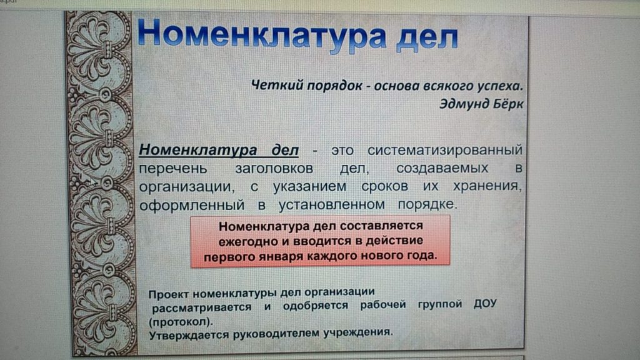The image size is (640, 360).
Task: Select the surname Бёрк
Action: coord(507,104)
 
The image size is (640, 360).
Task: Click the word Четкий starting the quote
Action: coord(277,85)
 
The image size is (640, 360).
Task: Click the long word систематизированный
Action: coord(445,150)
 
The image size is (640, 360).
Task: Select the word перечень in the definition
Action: coord(173,169)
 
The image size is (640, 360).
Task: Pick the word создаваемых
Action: coord(442,168)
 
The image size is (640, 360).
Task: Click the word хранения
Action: coord(487,186)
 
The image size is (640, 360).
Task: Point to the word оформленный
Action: coord(192,205)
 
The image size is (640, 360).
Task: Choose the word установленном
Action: coord(331,204)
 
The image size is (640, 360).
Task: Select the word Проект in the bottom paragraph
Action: coord(169,294)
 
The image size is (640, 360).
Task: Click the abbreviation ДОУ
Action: coord(485,304)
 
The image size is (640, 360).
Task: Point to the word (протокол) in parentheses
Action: coord(181,322)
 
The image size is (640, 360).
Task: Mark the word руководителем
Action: coord(276,334)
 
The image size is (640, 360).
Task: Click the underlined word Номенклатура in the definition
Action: coord(198,150)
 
